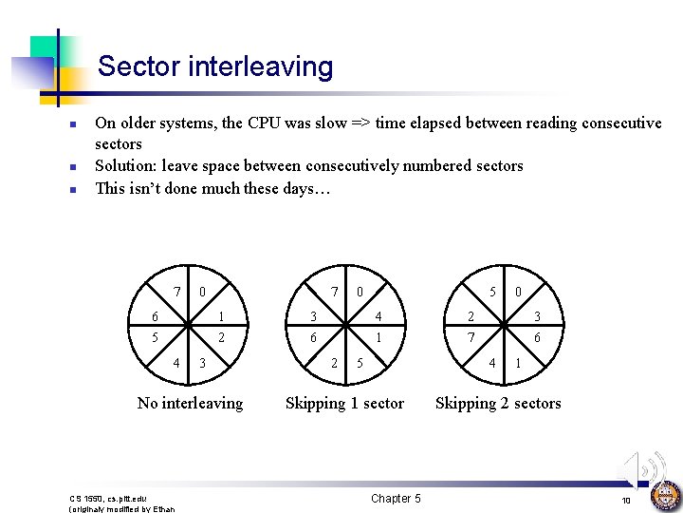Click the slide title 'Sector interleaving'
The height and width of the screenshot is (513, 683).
pos(215,66)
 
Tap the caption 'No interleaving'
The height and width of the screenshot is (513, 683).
pos(190,403)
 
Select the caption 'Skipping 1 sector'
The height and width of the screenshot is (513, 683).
pos(344,403)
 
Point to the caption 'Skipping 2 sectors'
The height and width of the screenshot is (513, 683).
pos(498,403)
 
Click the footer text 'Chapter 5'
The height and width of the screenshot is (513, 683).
pos(396,499)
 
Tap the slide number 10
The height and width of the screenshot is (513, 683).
pos(626,501)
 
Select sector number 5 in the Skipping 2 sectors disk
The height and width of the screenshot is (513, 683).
pos(492,291)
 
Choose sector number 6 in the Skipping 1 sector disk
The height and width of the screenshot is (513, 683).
pos(314,338)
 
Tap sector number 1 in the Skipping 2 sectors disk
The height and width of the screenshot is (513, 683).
pos(517,363)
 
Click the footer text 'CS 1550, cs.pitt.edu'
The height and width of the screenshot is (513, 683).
pos(108,498)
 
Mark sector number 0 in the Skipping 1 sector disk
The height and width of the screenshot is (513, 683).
pos(360,291)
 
